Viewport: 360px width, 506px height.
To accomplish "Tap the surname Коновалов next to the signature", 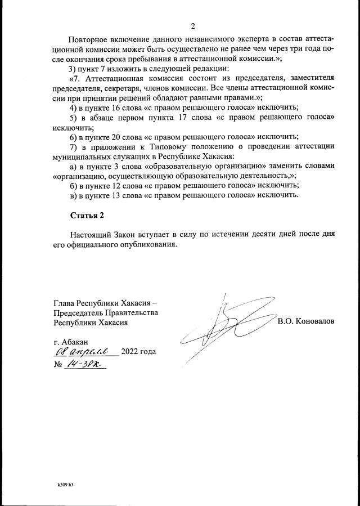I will pyautogui.click(x=306, y=321).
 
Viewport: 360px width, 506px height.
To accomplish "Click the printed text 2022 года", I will pyautogui.click(x=138, y=352).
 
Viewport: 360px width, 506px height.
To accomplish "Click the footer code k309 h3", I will pyautogui.click(x=65, y=483).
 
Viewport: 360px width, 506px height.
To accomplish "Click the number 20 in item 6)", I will pyautogui.click(x=118, y=136).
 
